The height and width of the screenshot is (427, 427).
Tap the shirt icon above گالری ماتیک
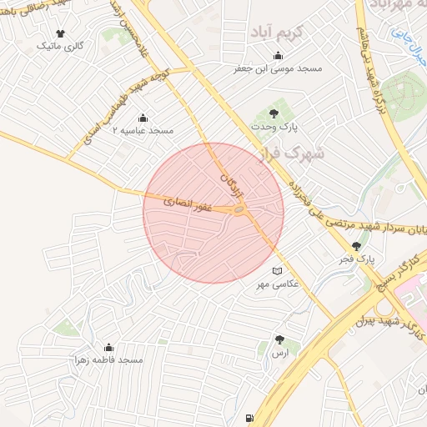tap(60, 33)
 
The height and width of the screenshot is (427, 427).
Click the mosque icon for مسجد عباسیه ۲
tap(143, 118)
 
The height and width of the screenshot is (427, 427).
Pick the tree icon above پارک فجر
tap(358, 246)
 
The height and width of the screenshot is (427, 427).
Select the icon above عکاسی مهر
tap(278, 272)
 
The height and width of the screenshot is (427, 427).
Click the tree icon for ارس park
tap(279, 340)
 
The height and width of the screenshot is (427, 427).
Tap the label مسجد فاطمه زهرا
tap(109, 360)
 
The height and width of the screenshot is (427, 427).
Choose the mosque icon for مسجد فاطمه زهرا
tap(108, 347)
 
